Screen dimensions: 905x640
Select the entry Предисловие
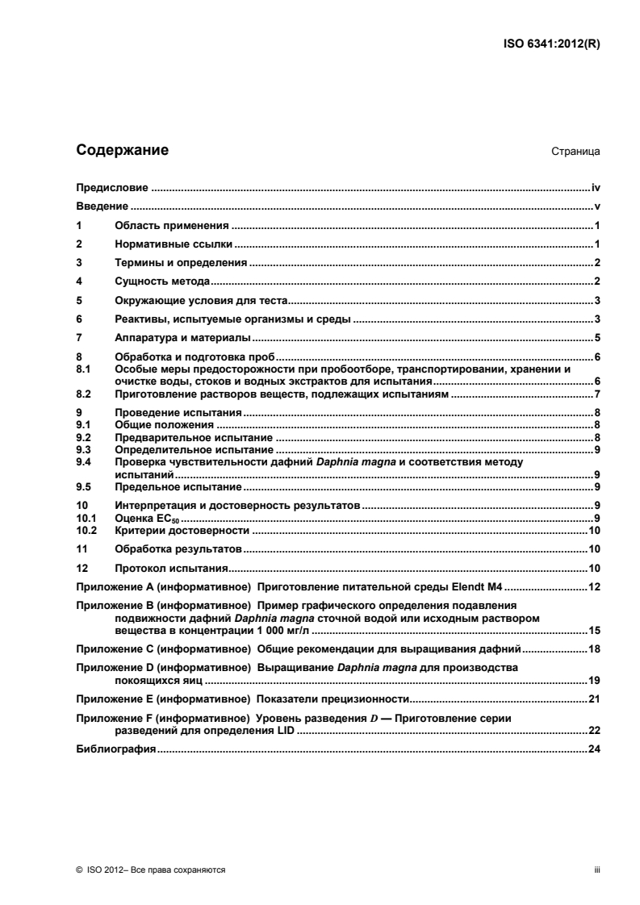pos(111,188)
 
